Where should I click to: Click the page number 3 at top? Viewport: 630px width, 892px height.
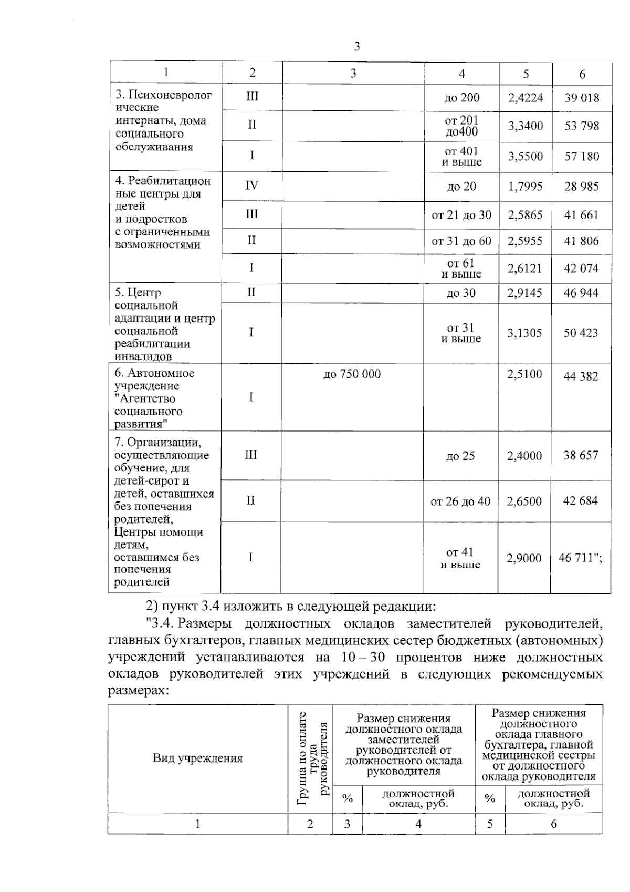point(357,47)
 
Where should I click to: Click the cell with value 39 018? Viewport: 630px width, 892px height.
point(582,98)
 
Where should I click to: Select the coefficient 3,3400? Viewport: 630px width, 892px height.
point(526,126)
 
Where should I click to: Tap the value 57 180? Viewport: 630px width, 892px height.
point(582,157)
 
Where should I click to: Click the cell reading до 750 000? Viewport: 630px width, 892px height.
point(352,374)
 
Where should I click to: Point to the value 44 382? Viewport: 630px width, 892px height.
point(581,376)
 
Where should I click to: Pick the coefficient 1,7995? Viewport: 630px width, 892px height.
point(525,187)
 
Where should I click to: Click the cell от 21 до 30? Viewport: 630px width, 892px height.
point(461,215)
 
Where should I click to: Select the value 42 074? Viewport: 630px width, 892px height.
point(581,268)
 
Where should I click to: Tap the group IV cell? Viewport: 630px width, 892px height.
point(251,186)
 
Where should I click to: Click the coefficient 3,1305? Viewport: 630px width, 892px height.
point(524,333)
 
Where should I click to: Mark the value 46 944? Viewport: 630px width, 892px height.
point(581,293)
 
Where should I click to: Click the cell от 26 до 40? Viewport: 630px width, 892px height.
point(460,501)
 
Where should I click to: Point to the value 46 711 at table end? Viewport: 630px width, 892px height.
point(580,558)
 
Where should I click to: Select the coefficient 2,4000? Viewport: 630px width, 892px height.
point(524,456)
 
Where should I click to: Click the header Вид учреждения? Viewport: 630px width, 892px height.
point(198,758)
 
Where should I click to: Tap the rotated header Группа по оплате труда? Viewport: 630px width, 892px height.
point(310,758)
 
